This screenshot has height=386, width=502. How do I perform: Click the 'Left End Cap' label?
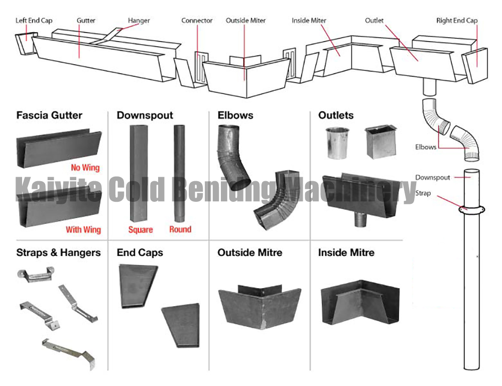click(34, 21)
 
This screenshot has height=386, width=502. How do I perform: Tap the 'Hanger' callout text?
click(139, 21)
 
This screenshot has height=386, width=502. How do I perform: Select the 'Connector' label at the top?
click(197, 21)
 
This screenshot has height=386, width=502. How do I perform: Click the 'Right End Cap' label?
click(456, 21)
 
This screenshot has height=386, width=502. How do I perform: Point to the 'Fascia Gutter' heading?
click(49, 115)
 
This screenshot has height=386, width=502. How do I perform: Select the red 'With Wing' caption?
click(83, 230)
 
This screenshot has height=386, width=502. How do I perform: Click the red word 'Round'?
click(180, 229)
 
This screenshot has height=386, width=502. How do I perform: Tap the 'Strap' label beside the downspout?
click(423, 193)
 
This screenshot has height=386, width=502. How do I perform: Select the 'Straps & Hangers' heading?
click(58, 252)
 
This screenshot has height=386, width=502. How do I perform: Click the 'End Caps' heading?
click(140, 252)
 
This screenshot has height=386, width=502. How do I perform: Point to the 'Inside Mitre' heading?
click(346, 252)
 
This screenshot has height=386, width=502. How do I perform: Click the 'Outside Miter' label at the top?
click(245, 21)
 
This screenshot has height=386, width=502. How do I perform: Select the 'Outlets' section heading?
click(336, 115)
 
